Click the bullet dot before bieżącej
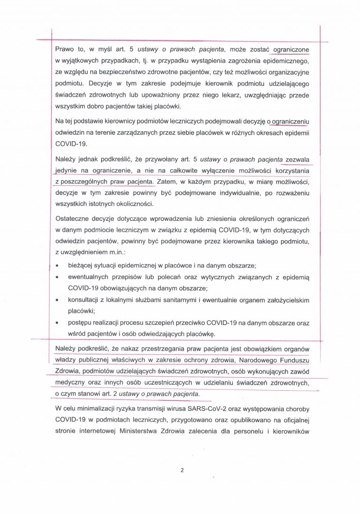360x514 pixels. click(57, 265)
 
